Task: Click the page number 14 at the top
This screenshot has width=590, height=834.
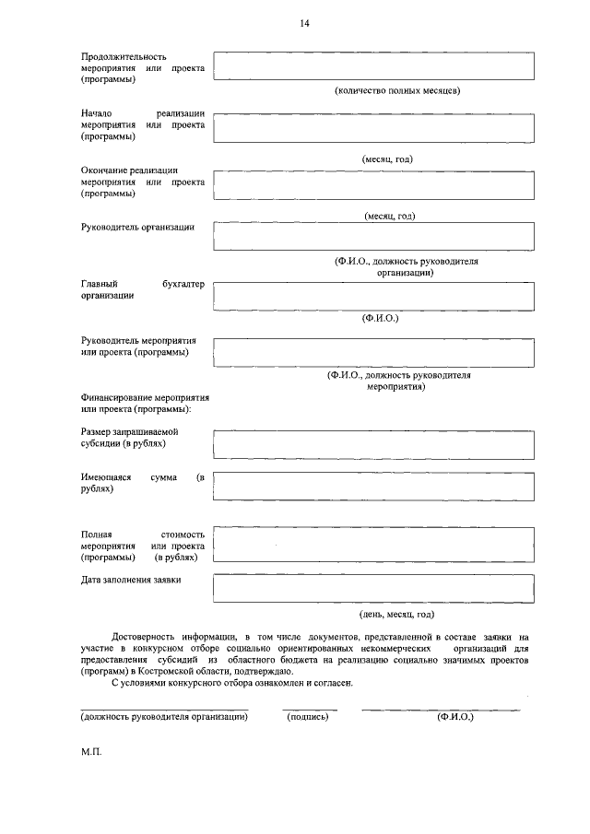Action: pyautogui.click(x=304, y=23)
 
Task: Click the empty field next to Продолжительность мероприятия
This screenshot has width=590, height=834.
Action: pyautogui.click(x=373, y=67)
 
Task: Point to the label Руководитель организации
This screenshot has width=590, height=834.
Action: pyautogui.click(x=137, y=228)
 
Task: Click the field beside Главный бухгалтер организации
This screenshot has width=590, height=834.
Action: pyautogui.click(x=373, y=296)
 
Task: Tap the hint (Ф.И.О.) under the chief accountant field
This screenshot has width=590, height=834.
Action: pyautogui.click(x=380, y=319)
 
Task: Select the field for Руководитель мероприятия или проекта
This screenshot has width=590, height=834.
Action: pyautogui.click(x=373, y=351)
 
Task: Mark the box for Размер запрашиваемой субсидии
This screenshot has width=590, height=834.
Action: pyautogui.click(x=373, y=442)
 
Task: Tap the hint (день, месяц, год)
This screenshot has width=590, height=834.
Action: pyautogui.click(x=396, y=614)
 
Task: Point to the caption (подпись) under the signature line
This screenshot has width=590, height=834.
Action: pyautogui.click(x=308, y=717)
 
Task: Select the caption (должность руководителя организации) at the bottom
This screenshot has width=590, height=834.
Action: pyautogui.click(x=164, y=717)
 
